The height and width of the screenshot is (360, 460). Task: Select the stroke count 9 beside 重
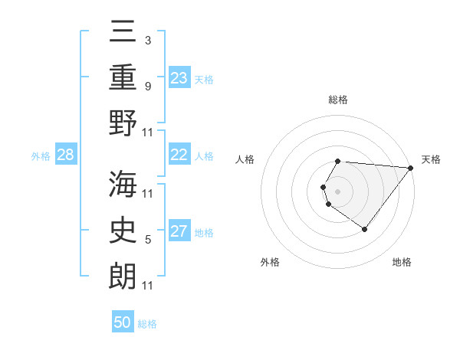148,87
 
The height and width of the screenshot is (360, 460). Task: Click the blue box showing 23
179,78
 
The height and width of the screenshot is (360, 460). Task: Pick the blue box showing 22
179,155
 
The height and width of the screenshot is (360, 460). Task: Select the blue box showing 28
66,155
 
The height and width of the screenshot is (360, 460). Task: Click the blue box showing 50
123,322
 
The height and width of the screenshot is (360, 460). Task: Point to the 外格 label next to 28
41,156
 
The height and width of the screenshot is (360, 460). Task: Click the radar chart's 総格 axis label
338,100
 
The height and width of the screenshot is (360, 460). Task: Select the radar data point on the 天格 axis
412,169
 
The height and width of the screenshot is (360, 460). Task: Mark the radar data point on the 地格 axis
365,229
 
